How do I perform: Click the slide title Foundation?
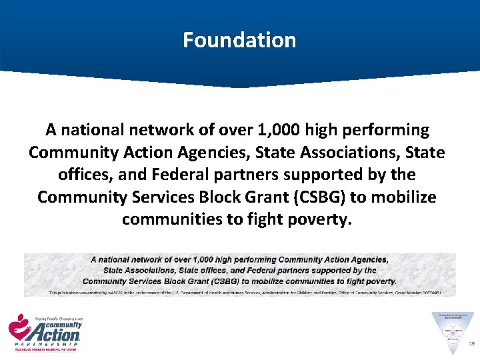point(239,40)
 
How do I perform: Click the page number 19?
point(471,344)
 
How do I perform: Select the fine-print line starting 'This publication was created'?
point(240,292)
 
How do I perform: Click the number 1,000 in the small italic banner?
point(197,260)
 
